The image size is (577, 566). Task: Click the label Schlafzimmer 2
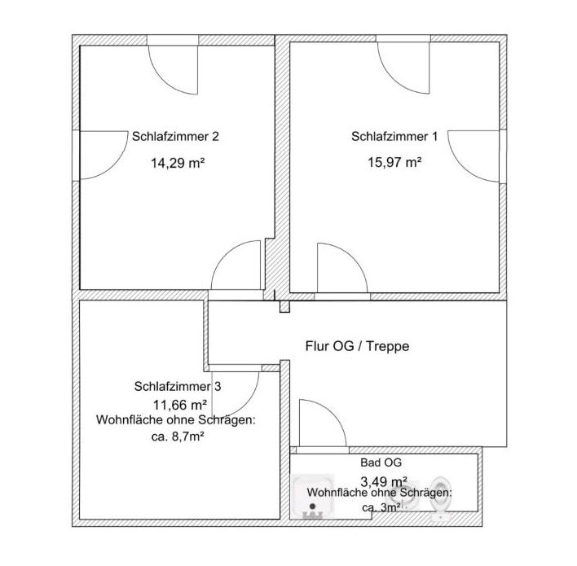(x=175, y=137)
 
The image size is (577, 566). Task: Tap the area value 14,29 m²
(x=177, y=163)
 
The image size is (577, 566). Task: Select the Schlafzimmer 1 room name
(x=394, y=137)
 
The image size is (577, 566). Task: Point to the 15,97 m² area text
(x=394, y=163)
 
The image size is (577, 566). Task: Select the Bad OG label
(x=381, y=462)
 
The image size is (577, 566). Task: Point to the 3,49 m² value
(x=384, y=480)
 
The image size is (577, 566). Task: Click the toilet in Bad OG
(x=441, y=496)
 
